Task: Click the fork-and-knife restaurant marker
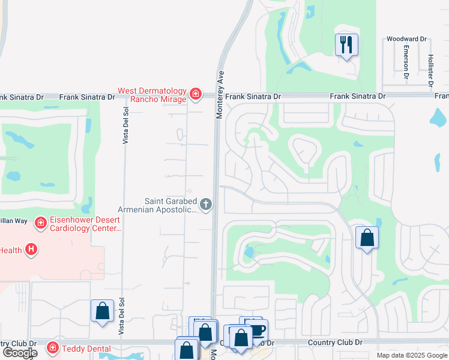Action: (x=346, y=45)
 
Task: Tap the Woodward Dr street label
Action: (x=406, y=39)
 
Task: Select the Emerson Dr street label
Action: (x=406, y=62)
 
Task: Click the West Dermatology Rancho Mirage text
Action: (x=152, y=95)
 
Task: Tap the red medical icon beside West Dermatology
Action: (x=194, y=94)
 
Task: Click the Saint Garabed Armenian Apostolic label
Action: (x=170, y=205)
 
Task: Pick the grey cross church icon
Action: (x=206, y=205)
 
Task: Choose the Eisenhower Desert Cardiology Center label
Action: (x=86, y=224)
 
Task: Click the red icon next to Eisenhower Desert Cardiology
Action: (x=41, y=224)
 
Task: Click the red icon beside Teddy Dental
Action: (x=53, y=348)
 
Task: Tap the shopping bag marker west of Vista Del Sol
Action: (x=102, y=311)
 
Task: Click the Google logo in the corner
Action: (x=19, y=353)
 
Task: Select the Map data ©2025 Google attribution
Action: (x=411, y=355)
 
